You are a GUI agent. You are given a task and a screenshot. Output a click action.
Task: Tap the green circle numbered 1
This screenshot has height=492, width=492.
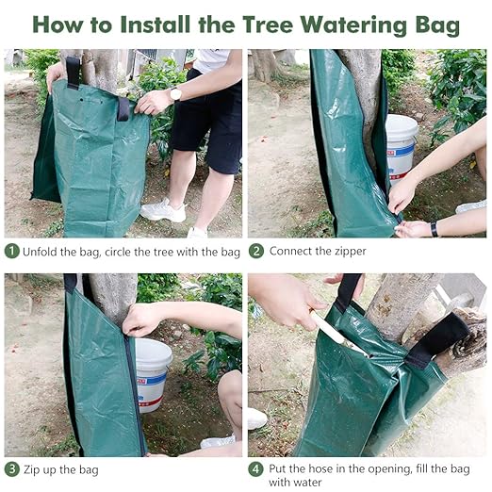click(x=12, y=251)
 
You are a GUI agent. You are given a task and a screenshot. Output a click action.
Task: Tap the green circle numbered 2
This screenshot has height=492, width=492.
click(x=256, y=251)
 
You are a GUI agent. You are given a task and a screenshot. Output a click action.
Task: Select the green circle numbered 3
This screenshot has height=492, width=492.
click(x=12, y=468)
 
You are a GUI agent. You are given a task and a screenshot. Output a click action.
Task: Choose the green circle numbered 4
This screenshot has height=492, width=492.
click(x=256, y=468)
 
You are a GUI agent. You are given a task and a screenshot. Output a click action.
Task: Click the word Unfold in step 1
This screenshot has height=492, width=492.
click(x=42, y=252)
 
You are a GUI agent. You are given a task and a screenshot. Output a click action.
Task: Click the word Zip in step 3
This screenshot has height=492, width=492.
click(x=35, y=469)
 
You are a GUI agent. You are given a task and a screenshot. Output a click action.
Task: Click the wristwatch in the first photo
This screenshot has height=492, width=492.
click(x=175, y=93)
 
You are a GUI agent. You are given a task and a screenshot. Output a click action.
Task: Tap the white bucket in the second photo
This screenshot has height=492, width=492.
click(x=401, y=141)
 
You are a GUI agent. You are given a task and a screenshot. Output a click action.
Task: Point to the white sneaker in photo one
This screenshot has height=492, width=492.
click(x=163, y=209)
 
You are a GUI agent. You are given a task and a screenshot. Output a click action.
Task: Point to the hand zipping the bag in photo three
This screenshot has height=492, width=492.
click(x=141, y=320)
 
